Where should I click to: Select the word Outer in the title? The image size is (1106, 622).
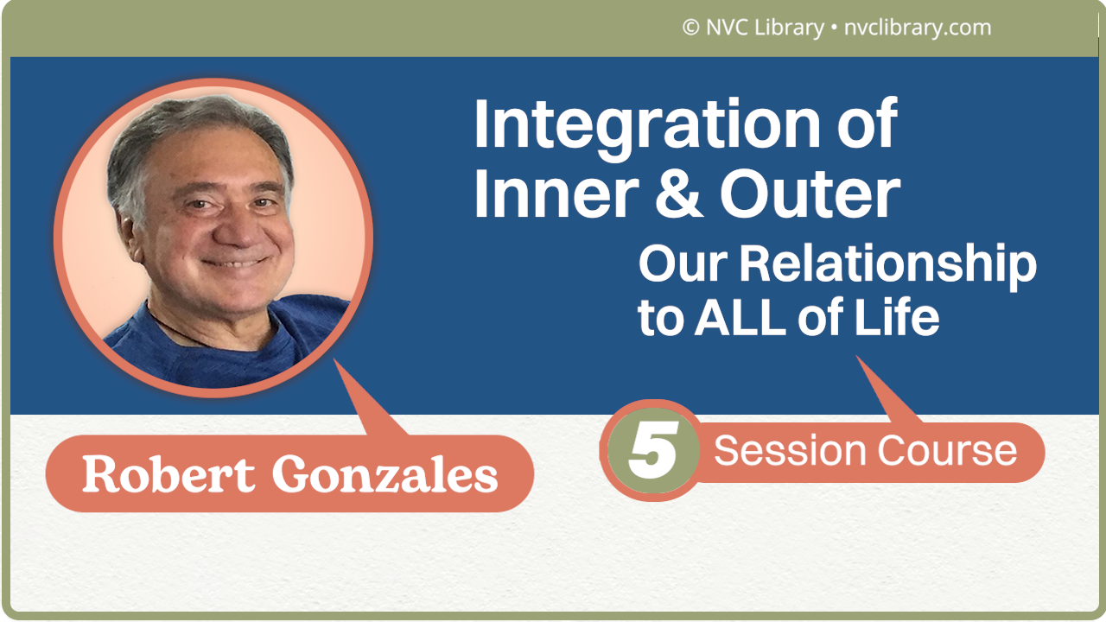click(810, 195)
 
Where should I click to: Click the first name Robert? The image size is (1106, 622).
click(168, 473)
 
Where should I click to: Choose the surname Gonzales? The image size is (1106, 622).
click(385, 474)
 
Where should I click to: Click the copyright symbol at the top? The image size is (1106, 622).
click(690, 28)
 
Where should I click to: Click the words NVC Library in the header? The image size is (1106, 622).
click(763, 28)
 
